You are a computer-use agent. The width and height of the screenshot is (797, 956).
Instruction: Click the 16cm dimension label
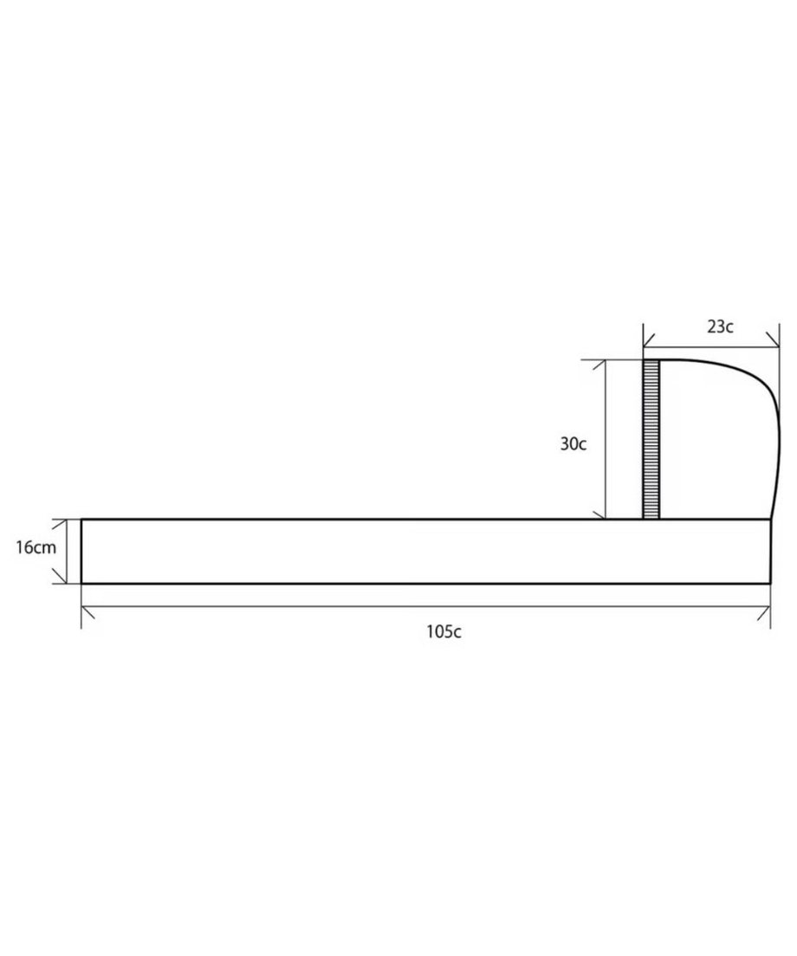click(x=36, y=547)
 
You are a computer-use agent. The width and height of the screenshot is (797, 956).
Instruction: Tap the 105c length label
click(x=444, y=631)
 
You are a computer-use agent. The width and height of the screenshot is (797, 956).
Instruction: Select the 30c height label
click(x=573, y=444)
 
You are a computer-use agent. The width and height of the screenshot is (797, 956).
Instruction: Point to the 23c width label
click(x=720, y=326)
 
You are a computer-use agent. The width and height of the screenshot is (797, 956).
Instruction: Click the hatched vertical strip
click(x=651, y=440)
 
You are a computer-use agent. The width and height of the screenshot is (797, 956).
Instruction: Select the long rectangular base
click(x=425, y=551)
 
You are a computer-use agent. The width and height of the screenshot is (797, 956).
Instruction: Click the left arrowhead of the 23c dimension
click(x=650, y=340)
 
